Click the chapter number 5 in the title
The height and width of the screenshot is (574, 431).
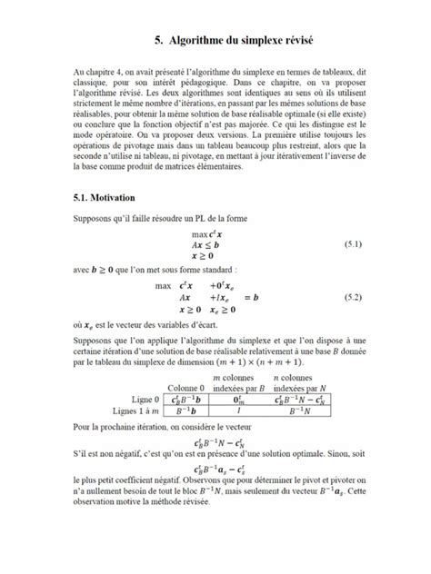157,39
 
